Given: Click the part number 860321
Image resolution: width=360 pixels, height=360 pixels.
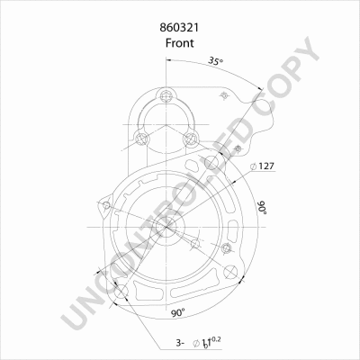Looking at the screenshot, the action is coord(179,28).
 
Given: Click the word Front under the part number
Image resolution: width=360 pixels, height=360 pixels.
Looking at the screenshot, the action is coord(180,43).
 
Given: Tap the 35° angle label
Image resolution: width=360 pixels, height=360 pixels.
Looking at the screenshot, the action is coord(216,61).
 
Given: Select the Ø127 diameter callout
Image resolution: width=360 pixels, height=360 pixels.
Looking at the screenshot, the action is coord(263,166).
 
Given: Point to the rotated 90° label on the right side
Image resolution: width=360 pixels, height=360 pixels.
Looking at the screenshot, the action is coord(263,208).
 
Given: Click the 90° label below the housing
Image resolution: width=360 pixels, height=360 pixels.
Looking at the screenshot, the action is coord(178,313).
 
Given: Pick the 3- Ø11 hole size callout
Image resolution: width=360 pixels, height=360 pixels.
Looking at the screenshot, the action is coord(198,342).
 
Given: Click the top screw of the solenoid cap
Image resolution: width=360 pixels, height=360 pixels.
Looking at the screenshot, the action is coord(166,96).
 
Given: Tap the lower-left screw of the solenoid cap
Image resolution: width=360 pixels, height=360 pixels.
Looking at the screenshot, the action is coord(141,139).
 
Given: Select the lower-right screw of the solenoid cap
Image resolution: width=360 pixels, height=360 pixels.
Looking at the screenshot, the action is coord(190,139).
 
